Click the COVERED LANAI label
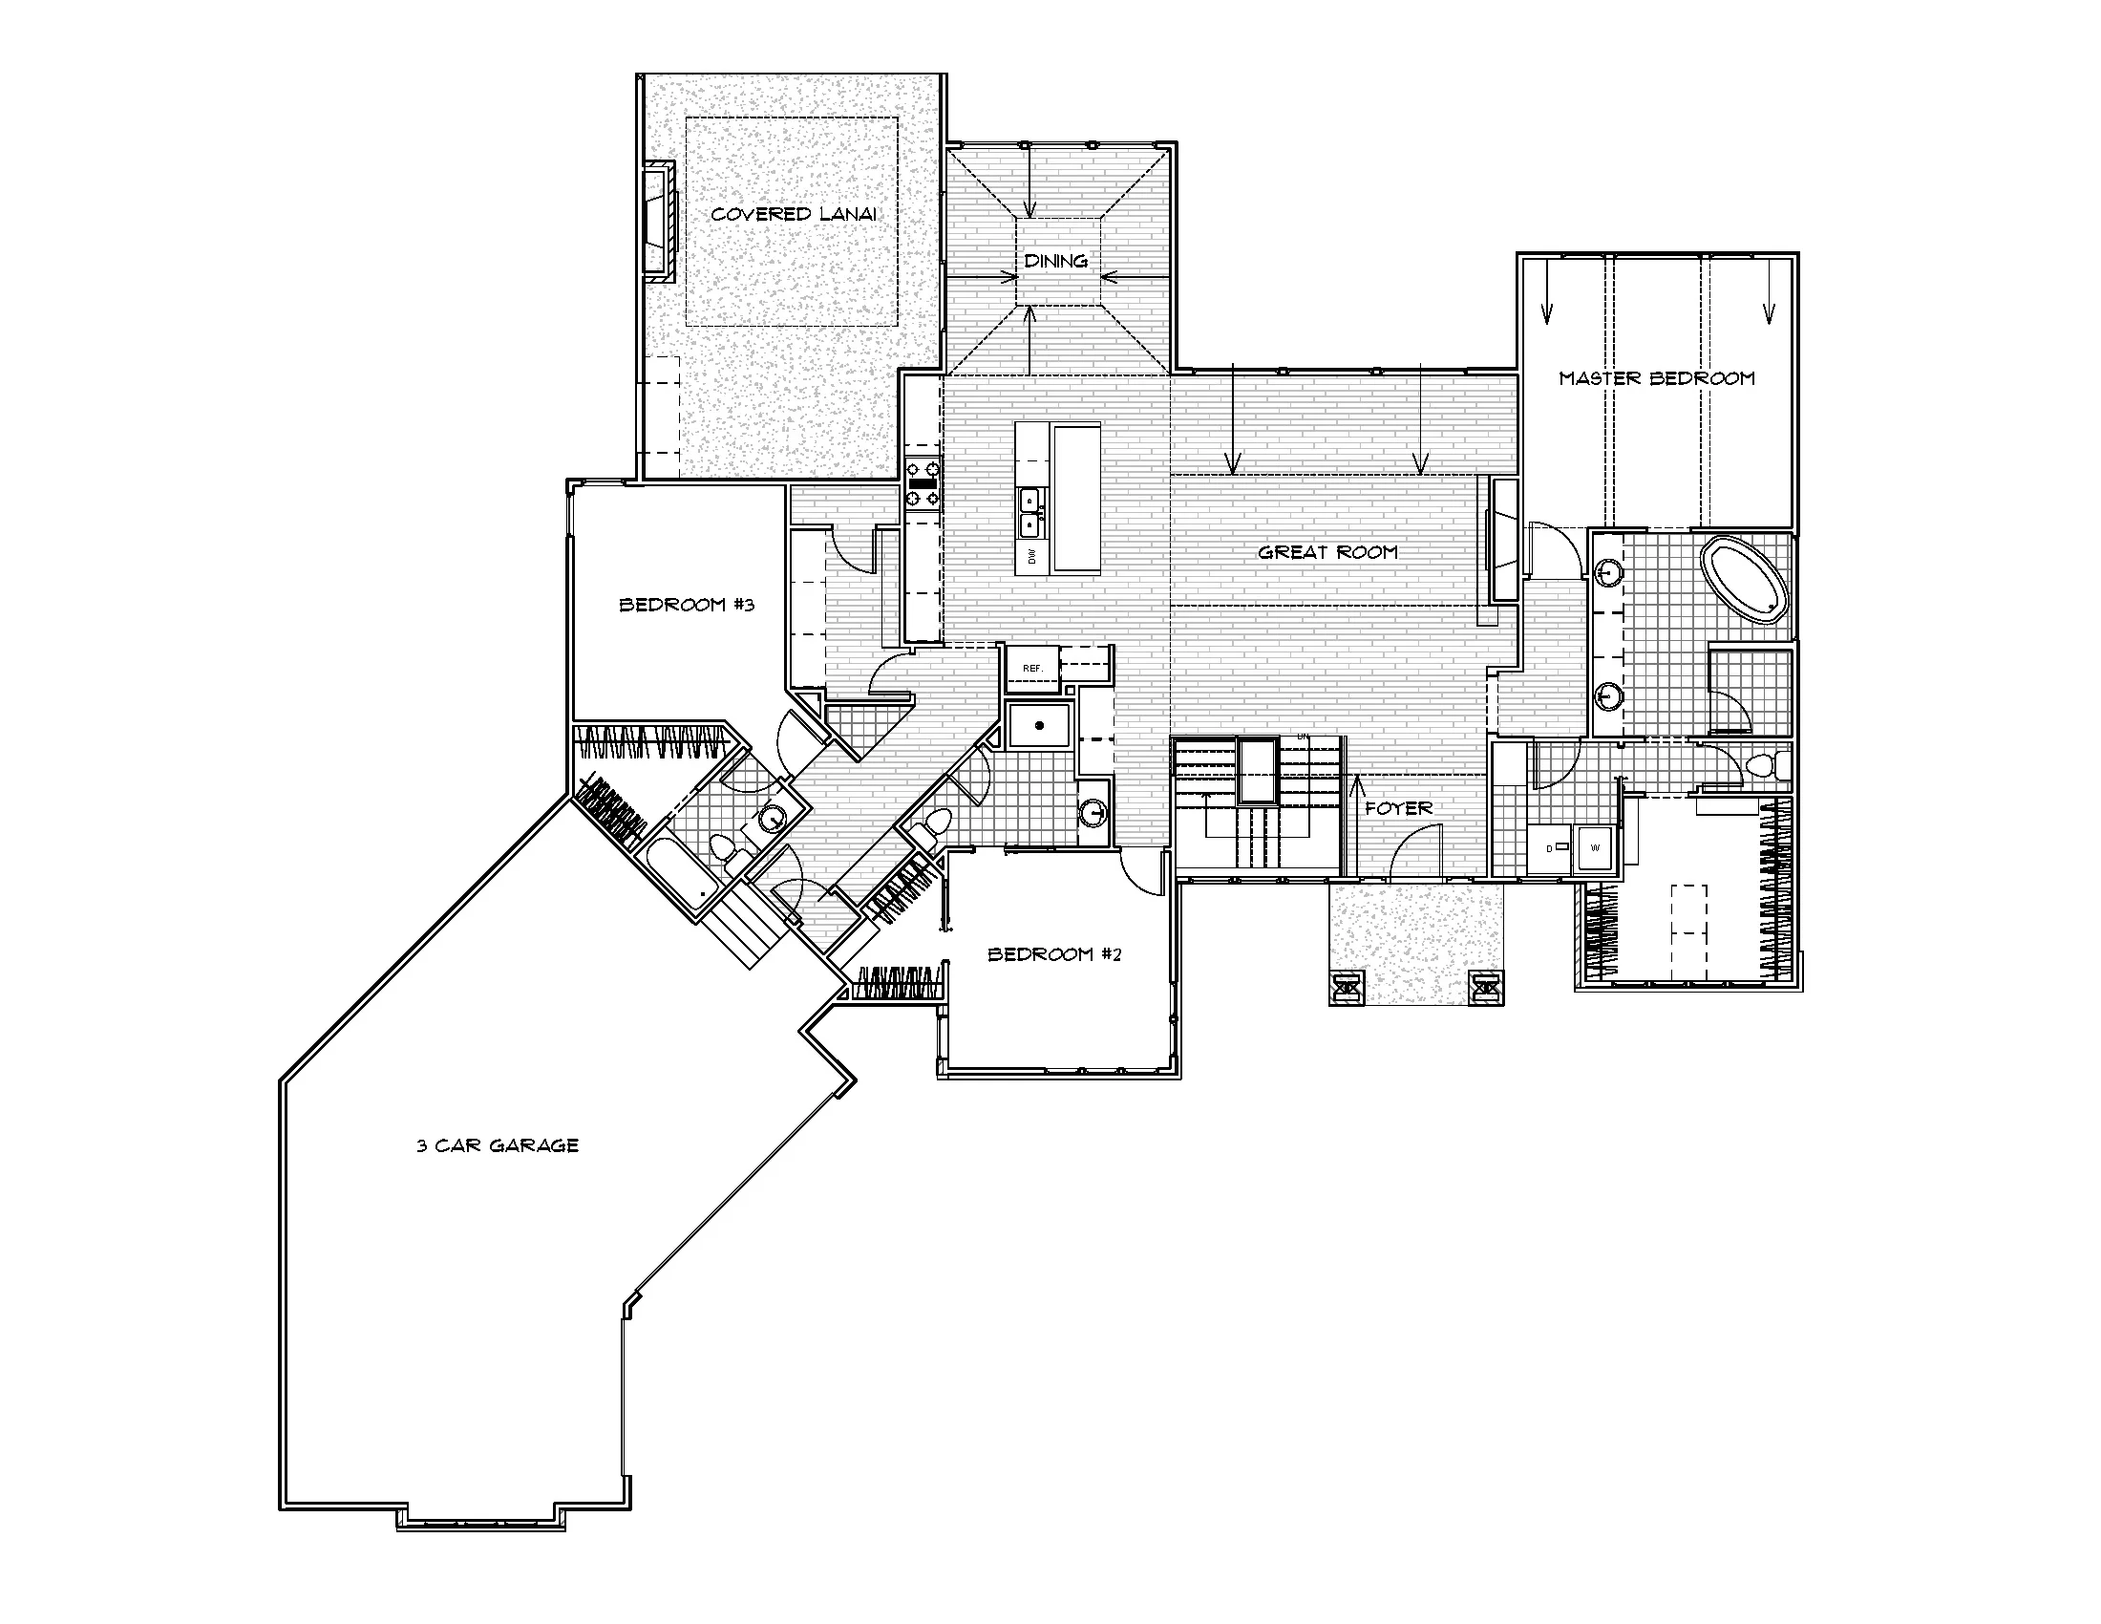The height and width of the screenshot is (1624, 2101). click(794, 214)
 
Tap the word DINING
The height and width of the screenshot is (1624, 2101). click(1055, 261)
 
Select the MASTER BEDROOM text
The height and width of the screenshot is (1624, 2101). click(1657, 378)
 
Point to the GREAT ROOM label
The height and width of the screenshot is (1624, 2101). click(1327, 552)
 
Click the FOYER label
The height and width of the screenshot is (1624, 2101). click(1399, 808)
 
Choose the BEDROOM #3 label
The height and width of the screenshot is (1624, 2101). click(686, 605)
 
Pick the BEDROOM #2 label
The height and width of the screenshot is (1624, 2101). click(1054, 954)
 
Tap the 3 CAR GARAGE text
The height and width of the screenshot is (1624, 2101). click(498, 1145)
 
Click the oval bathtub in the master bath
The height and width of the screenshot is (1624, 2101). click(1745, 580)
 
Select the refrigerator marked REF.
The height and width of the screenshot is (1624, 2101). click(1032, 669)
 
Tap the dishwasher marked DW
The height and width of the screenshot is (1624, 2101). click(1032, 556)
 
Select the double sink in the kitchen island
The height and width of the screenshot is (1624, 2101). click(1032, 513)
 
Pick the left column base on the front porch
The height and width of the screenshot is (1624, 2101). click(1348, 986)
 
